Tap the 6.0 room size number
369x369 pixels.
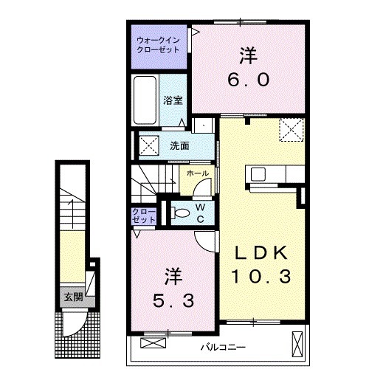(247, 79)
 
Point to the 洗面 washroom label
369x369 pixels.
(179, 145)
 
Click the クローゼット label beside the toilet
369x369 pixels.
(144, 215)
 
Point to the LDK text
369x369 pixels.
(261, 252)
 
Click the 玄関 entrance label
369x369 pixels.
(72, 297)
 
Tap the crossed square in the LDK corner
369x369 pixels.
(291, 131)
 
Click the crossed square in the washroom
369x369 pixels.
(148, 145)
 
